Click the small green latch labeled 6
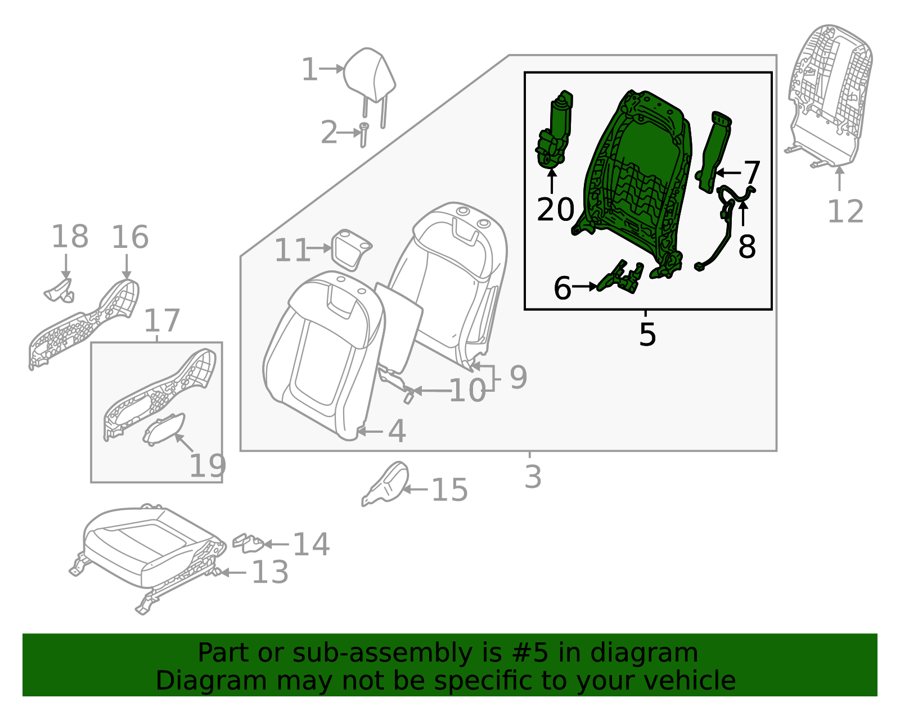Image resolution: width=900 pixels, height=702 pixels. click(619, 278)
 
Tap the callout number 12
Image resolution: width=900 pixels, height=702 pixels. click(845, 212)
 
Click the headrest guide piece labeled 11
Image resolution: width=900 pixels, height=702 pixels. click(351, 248)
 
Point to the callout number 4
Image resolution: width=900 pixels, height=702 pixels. click(397, 431)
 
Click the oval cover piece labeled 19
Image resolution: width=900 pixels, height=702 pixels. click(164, 428)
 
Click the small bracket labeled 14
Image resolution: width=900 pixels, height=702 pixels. click(248, 542)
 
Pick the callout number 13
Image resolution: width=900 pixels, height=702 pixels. click(270, 572)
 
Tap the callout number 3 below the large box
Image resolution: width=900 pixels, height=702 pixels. click(533, 477)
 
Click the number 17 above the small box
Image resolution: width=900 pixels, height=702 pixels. click(162, 320)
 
